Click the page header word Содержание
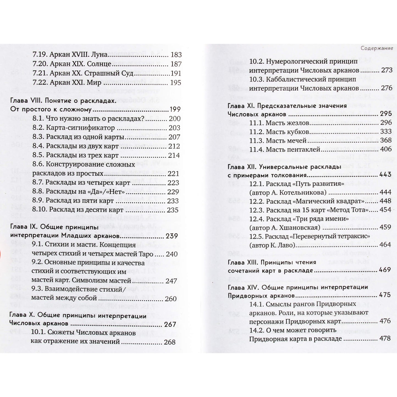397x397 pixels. pos(377,48)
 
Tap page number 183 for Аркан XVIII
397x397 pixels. pos(176,55)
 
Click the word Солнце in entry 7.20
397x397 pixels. pos(99,64)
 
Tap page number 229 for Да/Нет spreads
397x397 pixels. pos(173,192)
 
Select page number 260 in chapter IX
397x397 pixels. pos(171,299)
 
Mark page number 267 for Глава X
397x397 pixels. pos(170,324)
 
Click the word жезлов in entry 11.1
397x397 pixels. pos(298,123)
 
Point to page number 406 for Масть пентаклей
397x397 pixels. pos(386,149)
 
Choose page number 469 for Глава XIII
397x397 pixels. pos(385,270)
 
